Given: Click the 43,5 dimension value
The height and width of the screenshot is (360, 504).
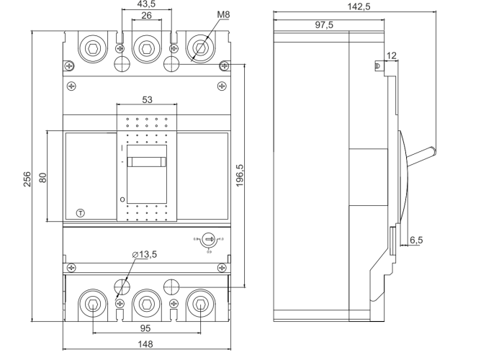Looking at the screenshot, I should coord(146,5).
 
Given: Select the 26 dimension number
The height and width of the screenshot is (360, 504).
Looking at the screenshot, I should coord(146,15).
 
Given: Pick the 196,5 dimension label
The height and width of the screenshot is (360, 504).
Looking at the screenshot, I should coord(240,176).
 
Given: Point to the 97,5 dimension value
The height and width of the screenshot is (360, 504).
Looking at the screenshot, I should coord(325,24).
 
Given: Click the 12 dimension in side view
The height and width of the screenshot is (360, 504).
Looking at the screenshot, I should coord(391,55).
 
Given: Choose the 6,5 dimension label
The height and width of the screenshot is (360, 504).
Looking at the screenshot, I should coord(416,240).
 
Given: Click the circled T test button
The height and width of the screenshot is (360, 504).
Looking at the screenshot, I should coord(81,213).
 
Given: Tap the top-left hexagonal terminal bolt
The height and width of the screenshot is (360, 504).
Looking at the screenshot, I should coord(93,49).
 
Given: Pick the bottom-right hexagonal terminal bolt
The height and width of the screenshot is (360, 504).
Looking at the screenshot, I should coord(199,303).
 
